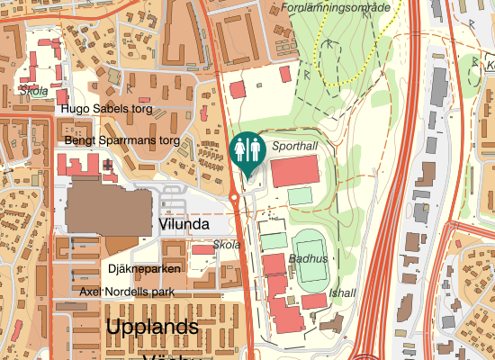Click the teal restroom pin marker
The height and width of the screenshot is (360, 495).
(246, 149)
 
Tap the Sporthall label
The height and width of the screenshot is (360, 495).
(295, 145)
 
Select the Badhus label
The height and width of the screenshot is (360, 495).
(309, 257)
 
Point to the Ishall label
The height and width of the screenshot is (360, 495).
(343, 292)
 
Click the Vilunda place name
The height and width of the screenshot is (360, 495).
(184, 224)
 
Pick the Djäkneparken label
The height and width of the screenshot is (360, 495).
(144, 269)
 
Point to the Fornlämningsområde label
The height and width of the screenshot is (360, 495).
(336, 7)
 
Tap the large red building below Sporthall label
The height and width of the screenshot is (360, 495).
(294, 170)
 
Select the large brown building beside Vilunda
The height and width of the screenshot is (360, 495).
(108, 208)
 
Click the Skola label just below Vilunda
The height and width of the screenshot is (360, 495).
(228, 245)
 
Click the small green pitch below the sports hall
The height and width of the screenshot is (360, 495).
(300, 195)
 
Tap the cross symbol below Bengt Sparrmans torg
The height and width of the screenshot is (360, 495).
(108, 166)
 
